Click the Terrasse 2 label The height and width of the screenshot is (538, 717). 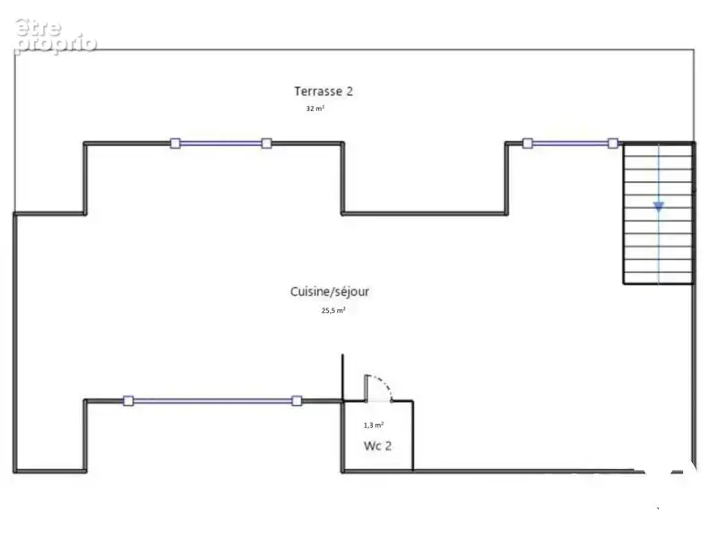324,91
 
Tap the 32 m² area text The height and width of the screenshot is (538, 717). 315,108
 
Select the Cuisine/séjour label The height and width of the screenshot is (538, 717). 330,292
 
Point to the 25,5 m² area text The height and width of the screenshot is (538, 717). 333,310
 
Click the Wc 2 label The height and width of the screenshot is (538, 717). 377,446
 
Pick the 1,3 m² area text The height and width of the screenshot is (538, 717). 374,425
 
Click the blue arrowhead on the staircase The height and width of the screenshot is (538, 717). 659,207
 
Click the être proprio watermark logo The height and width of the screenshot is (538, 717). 56,36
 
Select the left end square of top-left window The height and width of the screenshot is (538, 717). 175,143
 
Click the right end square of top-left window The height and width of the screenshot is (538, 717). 266,143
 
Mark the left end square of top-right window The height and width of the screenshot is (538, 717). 528,143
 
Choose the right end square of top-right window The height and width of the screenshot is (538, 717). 613,143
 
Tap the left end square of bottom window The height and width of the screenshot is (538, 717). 128,401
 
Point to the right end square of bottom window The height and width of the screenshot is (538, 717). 297,401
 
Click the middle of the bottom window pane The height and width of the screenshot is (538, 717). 212,401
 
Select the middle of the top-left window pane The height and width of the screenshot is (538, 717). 220,143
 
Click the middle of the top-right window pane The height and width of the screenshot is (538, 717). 570,143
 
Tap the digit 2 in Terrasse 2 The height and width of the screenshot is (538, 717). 350,91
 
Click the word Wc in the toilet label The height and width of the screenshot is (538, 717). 372,446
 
